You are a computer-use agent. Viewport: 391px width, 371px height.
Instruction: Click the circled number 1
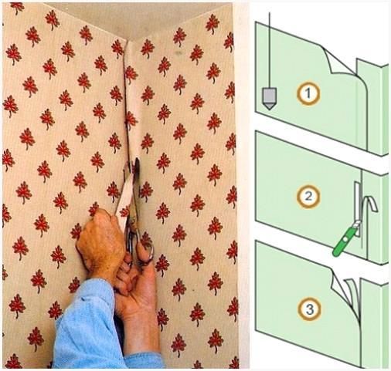click(x=308, y=93)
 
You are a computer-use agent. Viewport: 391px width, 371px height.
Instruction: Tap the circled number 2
click(x=308, y=197)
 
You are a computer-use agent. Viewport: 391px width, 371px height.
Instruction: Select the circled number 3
click(x=309, y=309)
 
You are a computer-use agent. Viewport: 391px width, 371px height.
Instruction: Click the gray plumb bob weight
click(x=269, y=99)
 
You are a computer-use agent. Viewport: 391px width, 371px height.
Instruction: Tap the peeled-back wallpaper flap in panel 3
click(x=345, y=291)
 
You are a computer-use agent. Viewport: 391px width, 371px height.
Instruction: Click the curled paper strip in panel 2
click(x=370, y=203)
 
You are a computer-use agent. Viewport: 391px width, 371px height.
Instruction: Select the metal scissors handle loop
click(x=146, y=253)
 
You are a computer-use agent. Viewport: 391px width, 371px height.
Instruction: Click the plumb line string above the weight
click(x=270, y=50)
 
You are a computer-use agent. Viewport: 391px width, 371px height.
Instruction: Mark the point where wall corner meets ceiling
click(x=129, y=41)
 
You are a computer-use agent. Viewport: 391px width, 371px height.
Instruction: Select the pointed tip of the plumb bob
click(x=269, y=109)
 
